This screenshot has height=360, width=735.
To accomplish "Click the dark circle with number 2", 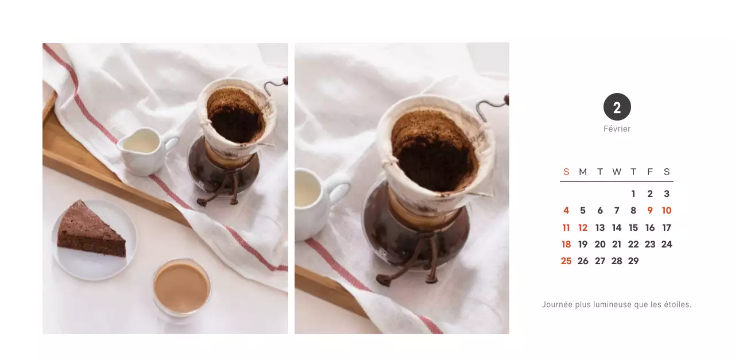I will pyautogui.click(x=617, y=107).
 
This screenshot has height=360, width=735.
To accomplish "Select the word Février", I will pyautogui.click(x=617, y=129).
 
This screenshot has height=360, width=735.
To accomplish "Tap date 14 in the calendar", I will pyautogui.click(x=617, y=227).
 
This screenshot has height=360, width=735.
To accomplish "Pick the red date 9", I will pyautogui.click(x=650, y=211).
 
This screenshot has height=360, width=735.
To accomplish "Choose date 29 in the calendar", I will pyautogui.click(x=633, y=261).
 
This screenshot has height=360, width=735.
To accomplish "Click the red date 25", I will pyautogui.click(x=566, y=261).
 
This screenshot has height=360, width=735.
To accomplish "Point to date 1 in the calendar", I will pyautogui.click(x=633, y=194).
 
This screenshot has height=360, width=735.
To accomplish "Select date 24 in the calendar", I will pyautogui.click(x=667, y=244).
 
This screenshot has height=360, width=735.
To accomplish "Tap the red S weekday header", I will pyautogui.click(x=566, y=172).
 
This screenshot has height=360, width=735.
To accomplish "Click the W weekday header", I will pyautogui.click(x=617, y=172).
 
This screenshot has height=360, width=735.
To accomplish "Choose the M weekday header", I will pyautogui.click(x=583, y=172).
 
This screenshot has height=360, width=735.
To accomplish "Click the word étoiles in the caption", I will pyautogui.click(x=677, y=304).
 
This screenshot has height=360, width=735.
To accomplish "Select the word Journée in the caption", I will pyautogui.click(x=557, y=304).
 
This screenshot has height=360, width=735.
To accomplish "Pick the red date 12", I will pyautogui.click(x=583, y=227).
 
